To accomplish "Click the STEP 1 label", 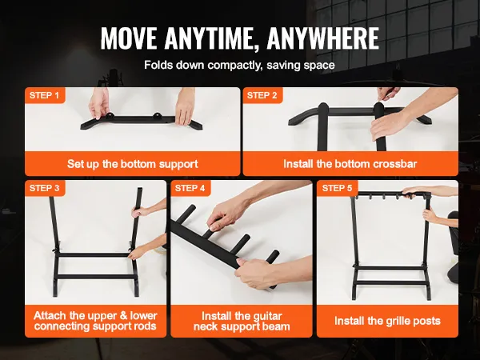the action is point(44,95).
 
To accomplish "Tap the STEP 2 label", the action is point(262,95).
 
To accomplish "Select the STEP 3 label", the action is point(44,188).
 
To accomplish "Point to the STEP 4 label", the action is point(190,188).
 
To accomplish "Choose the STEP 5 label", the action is point(337,188).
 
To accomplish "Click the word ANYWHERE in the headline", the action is point(323,38).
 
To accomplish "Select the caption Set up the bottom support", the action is point(133,164).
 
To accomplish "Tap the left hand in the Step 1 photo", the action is point(99,103).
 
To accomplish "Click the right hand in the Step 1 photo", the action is point(185,106).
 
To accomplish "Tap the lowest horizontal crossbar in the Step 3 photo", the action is point(95,277).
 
